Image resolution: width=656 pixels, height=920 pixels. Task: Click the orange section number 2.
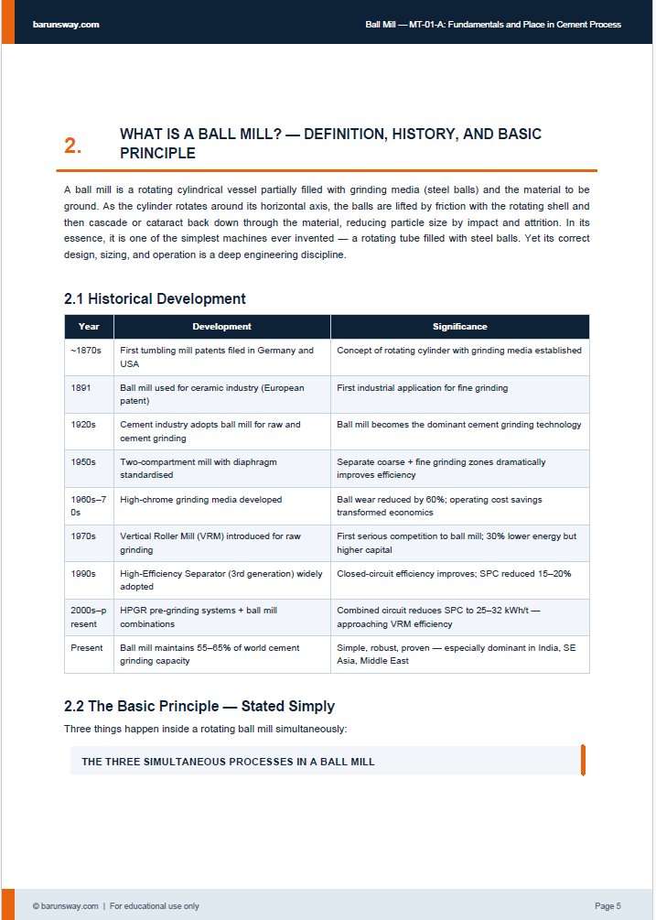[72, 146]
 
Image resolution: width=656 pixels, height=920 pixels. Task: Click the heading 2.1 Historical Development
[155, 298]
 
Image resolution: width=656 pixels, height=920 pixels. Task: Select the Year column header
[89, 327]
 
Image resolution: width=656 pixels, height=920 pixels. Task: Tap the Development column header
[221, 327]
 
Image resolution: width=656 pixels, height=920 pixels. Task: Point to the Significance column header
[459, 327]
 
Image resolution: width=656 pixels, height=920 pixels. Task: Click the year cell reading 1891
[81, 388]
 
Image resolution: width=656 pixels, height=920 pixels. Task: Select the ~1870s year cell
[85, 351]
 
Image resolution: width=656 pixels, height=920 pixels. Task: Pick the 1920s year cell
[83, 425]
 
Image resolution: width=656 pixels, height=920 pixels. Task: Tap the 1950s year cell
[83, 462]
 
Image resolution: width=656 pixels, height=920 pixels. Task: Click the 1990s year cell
[83, 573]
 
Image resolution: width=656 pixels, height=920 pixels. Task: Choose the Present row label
[86, 648]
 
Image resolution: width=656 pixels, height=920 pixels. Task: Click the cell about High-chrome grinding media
[201, 500]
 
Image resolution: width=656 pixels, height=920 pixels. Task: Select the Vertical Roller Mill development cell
[210, 543]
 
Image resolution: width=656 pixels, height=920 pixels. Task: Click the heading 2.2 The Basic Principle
[199, 706]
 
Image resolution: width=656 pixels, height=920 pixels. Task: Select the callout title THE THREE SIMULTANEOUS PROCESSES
[228, 762]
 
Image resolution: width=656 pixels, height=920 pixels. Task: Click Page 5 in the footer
[608, 906]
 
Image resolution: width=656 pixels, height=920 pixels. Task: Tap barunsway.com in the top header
[66, 25]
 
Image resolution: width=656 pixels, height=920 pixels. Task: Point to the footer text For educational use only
[155, 906]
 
